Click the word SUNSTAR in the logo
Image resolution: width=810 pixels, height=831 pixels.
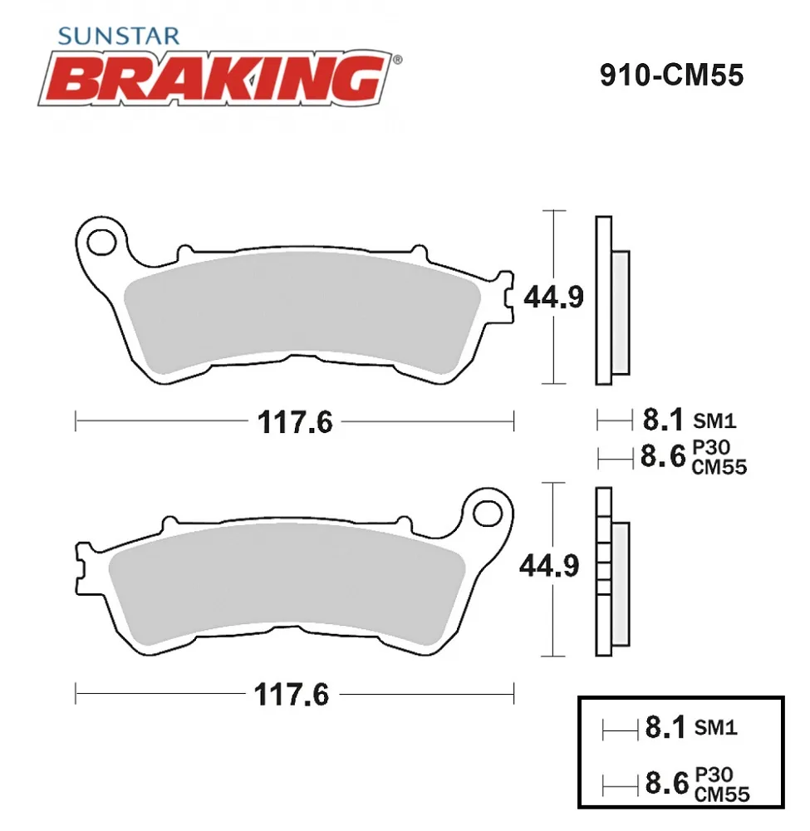pyautogui.click(x=119, y=36)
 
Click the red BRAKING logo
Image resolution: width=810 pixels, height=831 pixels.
pyautogui.click(x=215, y=78)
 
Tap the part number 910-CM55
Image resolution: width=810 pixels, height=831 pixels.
pyautogui.click(x=672, y=75)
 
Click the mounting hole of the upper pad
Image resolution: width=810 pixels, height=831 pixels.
pyautogui.click(x=101, y=243)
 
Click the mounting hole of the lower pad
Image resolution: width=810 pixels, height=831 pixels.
pyautogui.click(x=488, y=514)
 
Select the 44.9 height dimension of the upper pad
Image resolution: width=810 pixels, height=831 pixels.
pyautogui.click(x=553, y=297)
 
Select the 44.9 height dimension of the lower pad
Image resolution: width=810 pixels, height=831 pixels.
pyautogui.click(x=549, y=566)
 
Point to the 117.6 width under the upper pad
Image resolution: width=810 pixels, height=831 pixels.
pyautogui.click(x=295, y=422)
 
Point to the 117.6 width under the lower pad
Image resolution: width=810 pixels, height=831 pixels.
pyautogui.click(x=292, y=694)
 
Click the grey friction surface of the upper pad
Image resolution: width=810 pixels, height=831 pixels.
pyautogui.click(x=302, y=310)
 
